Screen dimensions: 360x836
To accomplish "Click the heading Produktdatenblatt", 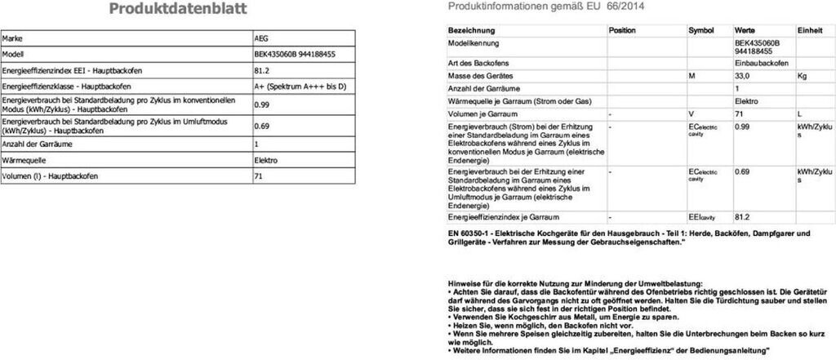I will pos(177,10).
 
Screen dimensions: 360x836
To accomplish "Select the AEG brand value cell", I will pos(261,38).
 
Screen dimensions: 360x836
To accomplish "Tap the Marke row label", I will pos(14,38).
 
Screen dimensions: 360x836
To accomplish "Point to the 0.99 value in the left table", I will pos(262,104).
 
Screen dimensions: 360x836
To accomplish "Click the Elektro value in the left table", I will pos(266,160).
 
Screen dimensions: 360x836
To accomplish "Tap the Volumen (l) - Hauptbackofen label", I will pos(50,176).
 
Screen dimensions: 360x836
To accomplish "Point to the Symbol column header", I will pos(700,29).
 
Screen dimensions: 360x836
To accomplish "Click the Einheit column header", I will pos(810,29).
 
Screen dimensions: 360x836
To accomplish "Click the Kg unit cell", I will pos(802,75).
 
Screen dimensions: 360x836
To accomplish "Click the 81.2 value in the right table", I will pos(742,217).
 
